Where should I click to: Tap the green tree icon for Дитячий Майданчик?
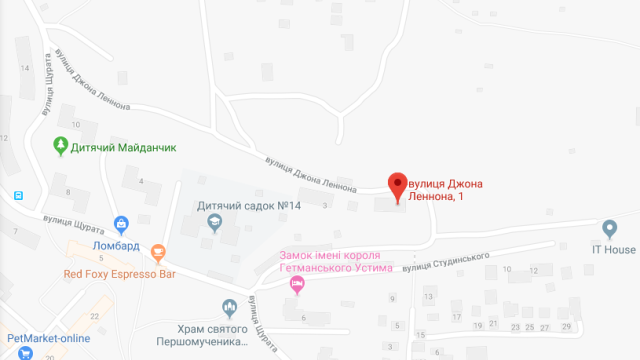tap(61, 145)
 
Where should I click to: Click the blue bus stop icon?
tap(18, 195)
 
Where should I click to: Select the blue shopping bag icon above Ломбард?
tap(121, 224)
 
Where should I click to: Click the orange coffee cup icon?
tap(158, 252)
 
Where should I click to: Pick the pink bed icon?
tap(297, 284)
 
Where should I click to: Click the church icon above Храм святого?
tap(229, 307)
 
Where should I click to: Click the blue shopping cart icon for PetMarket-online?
tap(25, 353)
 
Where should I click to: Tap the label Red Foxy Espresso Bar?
tap(119, 274)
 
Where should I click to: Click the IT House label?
tap(613, 250)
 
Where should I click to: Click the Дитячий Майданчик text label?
tap(123, 148)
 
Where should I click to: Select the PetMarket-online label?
tap(48, 338)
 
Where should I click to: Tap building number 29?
tap(566, 327)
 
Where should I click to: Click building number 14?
tap(25, 68)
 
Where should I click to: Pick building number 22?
tap(94, 316)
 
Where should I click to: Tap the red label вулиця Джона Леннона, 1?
tap(445, 190)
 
